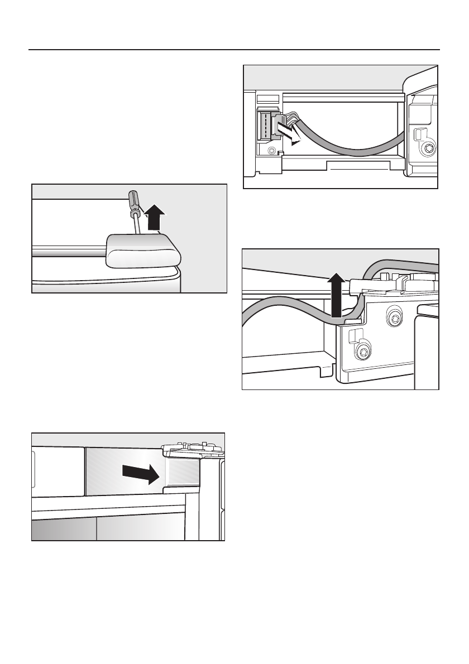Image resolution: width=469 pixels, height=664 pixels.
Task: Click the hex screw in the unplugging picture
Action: pyautogui.click(x=429, y=148)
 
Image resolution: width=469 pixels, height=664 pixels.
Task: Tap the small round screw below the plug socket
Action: pyautogui.click(x=271, y=151)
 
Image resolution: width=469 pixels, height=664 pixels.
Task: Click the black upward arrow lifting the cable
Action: pyautogui.click(x=335, y=296)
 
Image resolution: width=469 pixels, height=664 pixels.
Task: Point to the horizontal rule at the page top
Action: pyautogui.click(x=234, y=50)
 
